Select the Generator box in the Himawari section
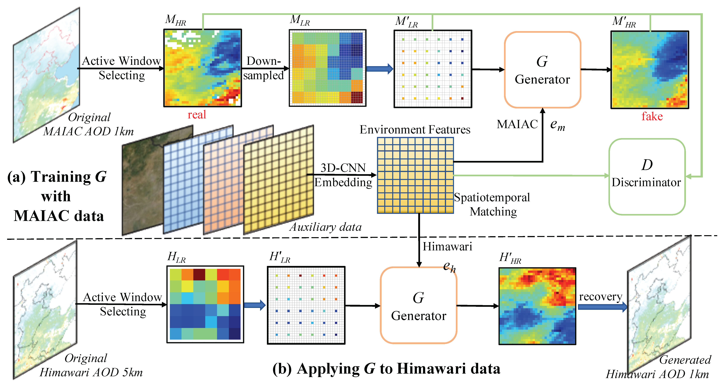pyautogui.click(x=419, y=305)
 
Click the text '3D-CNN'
pyautogui.click(x=343, y=168)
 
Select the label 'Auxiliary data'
pyautogui.click(x=325, y=227)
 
